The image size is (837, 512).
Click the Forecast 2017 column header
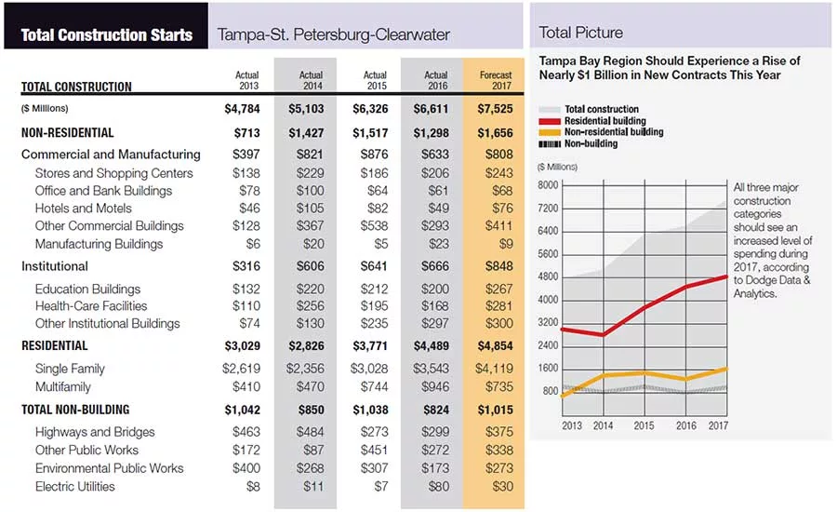496,80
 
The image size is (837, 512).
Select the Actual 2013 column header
246,80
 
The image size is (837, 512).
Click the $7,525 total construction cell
495,109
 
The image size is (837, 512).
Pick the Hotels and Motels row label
84,208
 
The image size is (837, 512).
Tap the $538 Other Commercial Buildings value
374,225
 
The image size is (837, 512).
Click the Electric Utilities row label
74,486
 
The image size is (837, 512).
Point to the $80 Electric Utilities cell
438,486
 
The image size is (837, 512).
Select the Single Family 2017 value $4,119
495,369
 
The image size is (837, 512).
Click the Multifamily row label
63,386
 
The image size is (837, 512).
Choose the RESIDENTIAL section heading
55,345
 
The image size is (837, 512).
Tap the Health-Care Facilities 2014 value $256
310,305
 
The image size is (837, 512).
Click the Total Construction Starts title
107,34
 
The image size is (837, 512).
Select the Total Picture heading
580,33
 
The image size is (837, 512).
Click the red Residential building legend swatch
550,121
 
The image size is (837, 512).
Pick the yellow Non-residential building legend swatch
550,132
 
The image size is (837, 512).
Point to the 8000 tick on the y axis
548,185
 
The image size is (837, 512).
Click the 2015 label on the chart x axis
644,425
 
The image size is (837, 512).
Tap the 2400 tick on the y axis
548,345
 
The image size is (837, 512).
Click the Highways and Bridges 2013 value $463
246,431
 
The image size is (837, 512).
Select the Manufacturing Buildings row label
99,244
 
